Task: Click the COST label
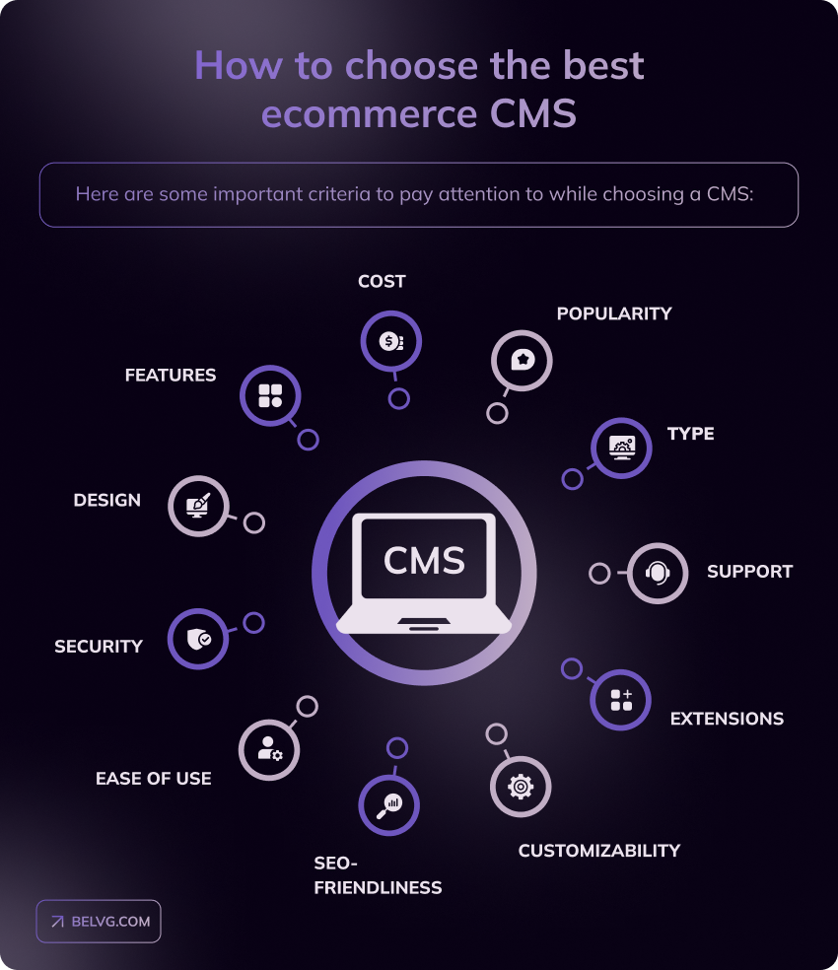pyautogui.click(x=382, y=282)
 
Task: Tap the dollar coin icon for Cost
pyautogui.click(x=390, y=341)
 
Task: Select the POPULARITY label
pyautogui.click(x=614, y=313)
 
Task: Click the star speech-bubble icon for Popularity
pyautogui.click(x=522, y=360)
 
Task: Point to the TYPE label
pyautogui.click(x=690, y=434)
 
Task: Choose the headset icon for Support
pyautogui.click(x=658, y=573)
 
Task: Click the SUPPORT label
pyautogui.click(x=749, y=572)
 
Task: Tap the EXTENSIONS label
pyautogui.click(x=727, y=719)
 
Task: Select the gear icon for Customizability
pyautogui.click(x=520, y=786)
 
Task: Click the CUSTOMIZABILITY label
pyautogui.click(x=599, y=851)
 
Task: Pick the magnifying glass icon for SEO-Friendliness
pyautogui.click(x=388, y=805)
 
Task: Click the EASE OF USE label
pyautogui.click(x=154, y=779)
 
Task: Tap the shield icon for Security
pyautogui.click(x=198, y=639)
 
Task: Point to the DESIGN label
pyautogui.click(x=107, y=501)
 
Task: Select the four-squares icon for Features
pyautogui.click(x=270, y=396)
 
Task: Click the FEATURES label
pyautogui.click(x=171, y=376)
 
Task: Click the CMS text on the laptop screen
pyautogui.click(x=424, y=560)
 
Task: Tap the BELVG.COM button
pyautogui.click(x=99, y=922)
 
